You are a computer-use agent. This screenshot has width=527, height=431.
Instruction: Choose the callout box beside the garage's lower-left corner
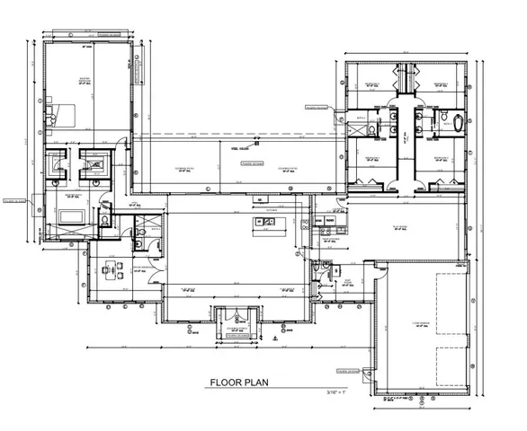pyautogui.click(x=347, y=370)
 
